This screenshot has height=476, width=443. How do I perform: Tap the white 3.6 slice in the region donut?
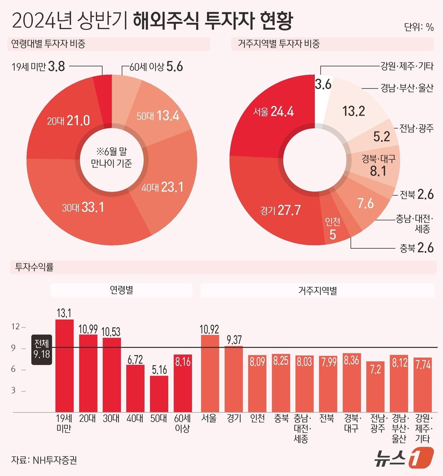tap(322, 95)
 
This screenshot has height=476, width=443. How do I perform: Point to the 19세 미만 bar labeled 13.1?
tap(64, 364)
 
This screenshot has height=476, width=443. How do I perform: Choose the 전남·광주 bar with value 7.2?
tap(375, 386)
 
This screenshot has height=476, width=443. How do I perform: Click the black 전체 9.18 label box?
tap(42, 349)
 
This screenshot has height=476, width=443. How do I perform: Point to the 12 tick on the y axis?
tap(16, 327)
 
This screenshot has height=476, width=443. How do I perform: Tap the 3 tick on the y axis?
tap(14, 390)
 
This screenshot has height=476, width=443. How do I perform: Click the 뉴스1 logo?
tap(403, 458)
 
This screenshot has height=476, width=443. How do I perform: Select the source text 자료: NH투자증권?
tap(44, 460)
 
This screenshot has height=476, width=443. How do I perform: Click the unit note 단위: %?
tap(419, 27)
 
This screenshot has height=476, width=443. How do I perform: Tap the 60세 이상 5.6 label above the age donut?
tap(156, 67)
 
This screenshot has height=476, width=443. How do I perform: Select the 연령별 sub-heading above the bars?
tap(121, 290)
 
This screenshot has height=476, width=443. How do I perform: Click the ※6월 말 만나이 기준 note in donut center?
tap(111, 157)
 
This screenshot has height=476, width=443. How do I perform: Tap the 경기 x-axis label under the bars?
tap(234, 418)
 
